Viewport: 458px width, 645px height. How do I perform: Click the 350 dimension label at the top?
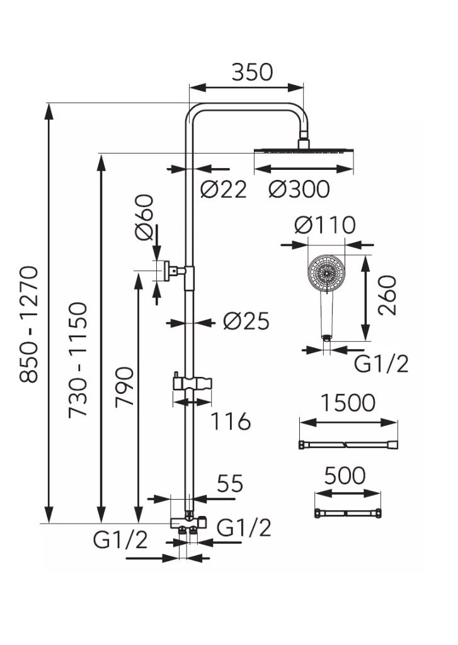[252, 72]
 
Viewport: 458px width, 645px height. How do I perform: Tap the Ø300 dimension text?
[299, 189]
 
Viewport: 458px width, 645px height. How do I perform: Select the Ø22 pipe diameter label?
[224, 189]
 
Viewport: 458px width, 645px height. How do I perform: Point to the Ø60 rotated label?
[144, 216]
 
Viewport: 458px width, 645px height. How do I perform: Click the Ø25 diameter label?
[246, 321]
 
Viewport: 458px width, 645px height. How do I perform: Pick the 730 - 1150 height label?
[78, 360]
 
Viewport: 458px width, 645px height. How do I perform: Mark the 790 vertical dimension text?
[124, 387]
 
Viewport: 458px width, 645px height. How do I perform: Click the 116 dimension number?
[231, 421]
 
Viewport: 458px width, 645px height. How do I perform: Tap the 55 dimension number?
[230, 483]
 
